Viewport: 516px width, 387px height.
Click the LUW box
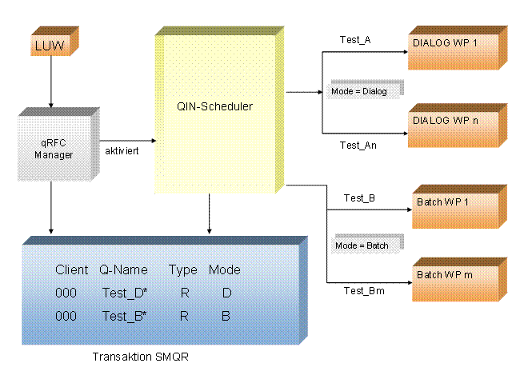pos(54,42)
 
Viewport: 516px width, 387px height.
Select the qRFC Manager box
pos(58,145)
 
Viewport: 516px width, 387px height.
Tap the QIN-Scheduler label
pos(214,106)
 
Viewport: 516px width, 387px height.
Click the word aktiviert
pos(122,151)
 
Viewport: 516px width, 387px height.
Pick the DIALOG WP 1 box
pos(458,48)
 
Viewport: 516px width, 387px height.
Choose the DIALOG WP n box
pos(458,126)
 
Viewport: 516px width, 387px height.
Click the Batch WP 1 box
pos(460,206)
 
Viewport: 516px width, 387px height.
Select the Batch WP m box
pos(460,280)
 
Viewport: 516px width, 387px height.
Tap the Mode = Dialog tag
pos(366,90)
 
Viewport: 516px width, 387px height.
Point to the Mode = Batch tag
pos(367,244)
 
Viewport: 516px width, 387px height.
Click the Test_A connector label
pos(355,40)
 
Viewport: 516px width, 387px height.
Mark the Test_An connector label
pos(358,146)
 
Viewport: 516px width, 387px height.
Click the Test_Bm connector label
pos(364,291)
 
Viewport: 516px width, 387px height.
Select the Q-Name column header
pos(123,270)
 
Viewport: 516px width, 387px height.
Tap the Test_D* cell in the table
pos(125,293)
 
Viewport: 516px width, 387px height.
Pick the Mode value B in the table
pos(226,317)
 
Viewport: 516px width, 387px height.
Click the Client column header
pos(71,270)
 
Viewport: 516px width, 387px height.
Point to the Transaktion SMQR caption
pos(141,357)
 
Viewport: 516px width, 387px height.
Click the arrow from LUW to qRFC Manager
pos(51,82)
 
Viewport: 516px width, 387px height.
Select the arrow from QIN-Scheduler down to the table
pos(210,213)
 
